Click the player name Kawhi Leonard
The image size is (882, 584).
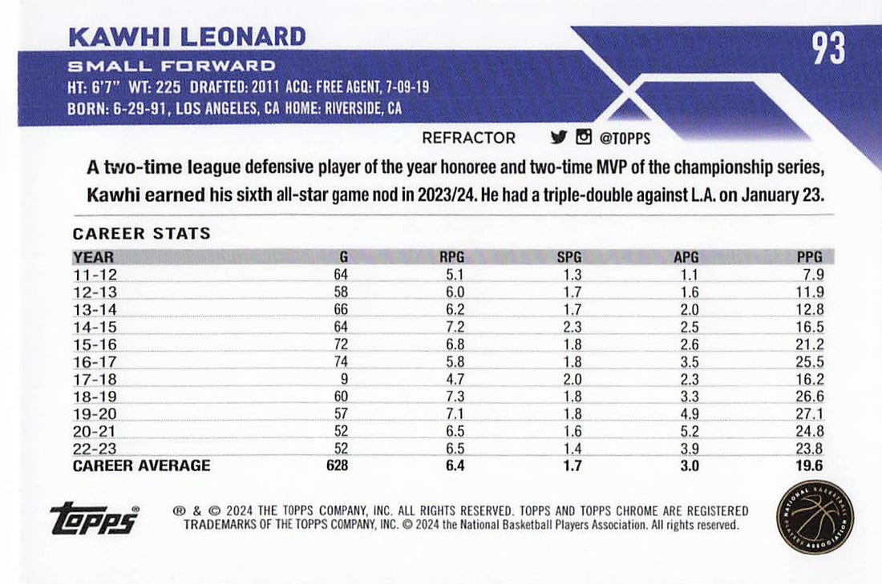point(188,37)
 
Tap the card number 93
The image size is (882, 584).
point(828,49)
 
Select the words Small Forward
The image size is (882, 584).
point(172,66)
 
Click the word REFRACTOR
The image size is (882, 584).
point(469,138)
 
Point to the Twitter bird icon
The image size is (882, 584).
point(558,137)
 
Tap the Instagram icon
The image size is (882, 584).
point(584,137)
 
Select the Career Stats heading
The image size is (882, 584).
point(142,234)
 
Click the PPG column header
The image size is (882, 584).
point(811,257)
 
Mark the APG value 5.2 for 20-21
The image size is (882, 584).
point(689,435)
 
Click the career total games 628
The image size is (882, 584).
point(337,465)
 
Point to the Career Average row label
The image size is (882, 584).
point(142,465)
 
